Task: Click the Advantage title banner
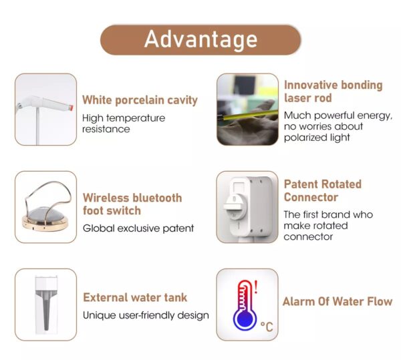200,39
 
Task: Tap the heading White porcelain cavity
140,100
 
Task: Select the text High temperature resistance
124,124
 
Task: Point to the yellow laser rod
247,115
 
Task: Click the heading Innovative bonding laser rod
333,92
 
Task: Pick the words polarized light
317,138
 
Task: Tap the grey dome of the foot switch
45,214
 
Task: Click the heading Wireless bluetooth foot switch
132,204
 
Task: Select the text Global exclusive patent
138,228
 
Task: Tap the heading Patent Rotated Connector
323,190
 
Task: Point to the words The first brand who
328,214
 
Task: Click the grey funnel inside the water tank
46,309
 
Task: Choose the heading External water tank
135,298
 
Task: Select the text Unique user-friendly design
146,315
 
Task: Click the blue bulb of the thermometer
245,319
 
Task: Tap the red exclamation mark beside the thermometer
256,287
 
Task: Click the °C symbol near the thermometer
267,327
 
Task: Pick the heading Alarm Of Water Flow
338,301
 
